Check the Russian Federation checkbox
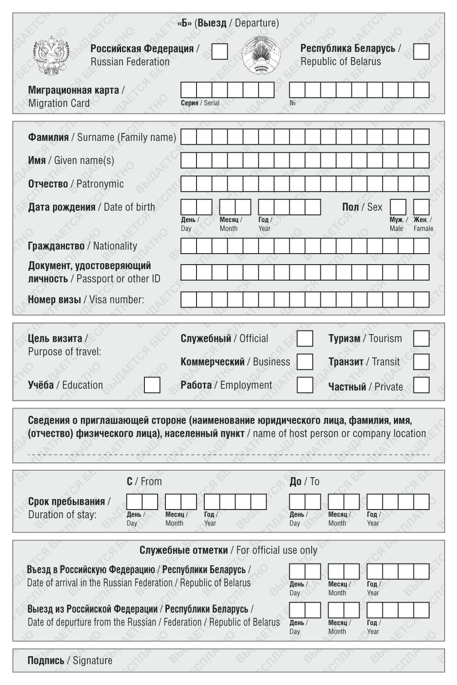click(x=220, y=52)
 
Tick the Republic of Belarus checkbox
click(x=421, y=52)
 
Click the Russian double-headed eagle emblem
click(x=51, y=57)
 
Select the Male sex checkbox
click(x=398, y=207)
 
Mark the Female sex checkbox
click(x=421, y=207)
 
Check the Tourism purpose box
click(x=421, y=339)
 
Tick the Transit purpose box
click(x=421, y=362)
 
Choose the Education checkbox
click(x=152, y=385)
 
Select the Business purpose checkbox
click(x=305, y=362)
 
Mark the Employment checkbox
click(x=305, y=385)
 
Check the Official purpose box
click(x=305, y=339)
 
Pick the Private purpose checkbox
click(x=421, y=385)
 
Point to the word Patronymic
click(x=100, y=184)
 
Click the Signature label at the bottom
click(x=92, y=660)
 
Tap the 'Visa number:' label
click(x=116, y=300)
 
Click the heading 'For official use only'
click(x=276, y=550)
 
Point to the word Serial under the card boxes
click(x=212, y=103)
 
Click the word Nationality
click(x=115, y=246)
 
